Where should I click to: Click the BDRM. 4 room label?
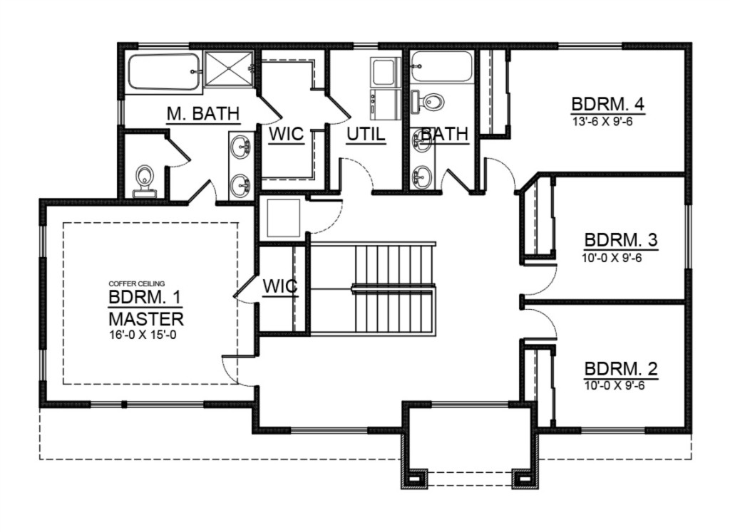tap(607, 104)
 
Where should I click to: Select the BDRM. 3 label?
tap(621, 240)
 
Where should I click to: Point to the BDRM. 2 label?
tap(621, 369)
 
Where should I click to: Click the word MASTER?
tap(146, 319)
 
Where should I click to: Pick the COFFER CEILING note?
tap(136, 283)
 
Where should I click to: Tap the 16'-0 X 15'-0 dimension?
tap(143, 334)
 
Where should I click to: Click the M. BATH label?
tap(203, 113)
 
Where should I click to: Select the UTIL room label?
tap(366, 135)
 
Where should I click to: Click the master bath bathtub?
tap(165, 73)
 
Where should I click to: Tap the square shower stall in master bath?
tap(229, 69)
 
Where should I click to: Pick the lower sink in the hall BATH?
tap(422, 176)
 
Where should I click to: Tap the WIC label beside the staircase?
tap(279, 286)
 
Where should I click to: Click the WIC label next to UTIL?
tap(287, 135)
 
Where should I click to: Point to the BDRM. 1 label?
tap(145, 296)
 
